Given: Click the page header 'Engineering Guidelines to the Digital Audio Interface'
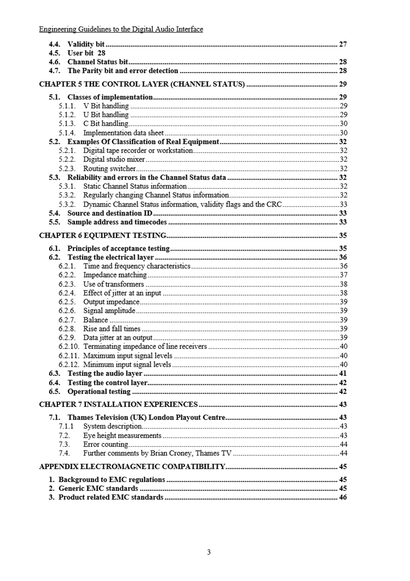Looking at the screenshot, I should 121,30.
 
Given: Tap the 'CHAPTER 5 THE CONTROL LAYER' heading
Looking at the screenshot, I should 142,84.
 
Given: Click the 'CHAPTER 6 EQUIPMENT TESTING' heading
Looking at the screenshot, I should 103,235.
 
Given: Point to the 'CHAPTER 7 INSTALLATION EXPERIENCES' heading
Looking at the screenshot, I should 118,404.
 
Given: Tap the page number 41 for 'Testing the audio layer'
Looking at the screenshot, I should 342,373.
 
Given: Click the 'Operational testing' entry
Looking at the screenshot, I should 99,391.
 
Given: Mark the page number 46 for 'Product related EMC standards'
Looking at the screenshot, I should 342,498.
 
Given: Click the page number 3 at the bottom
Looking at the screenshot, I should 208,552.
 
